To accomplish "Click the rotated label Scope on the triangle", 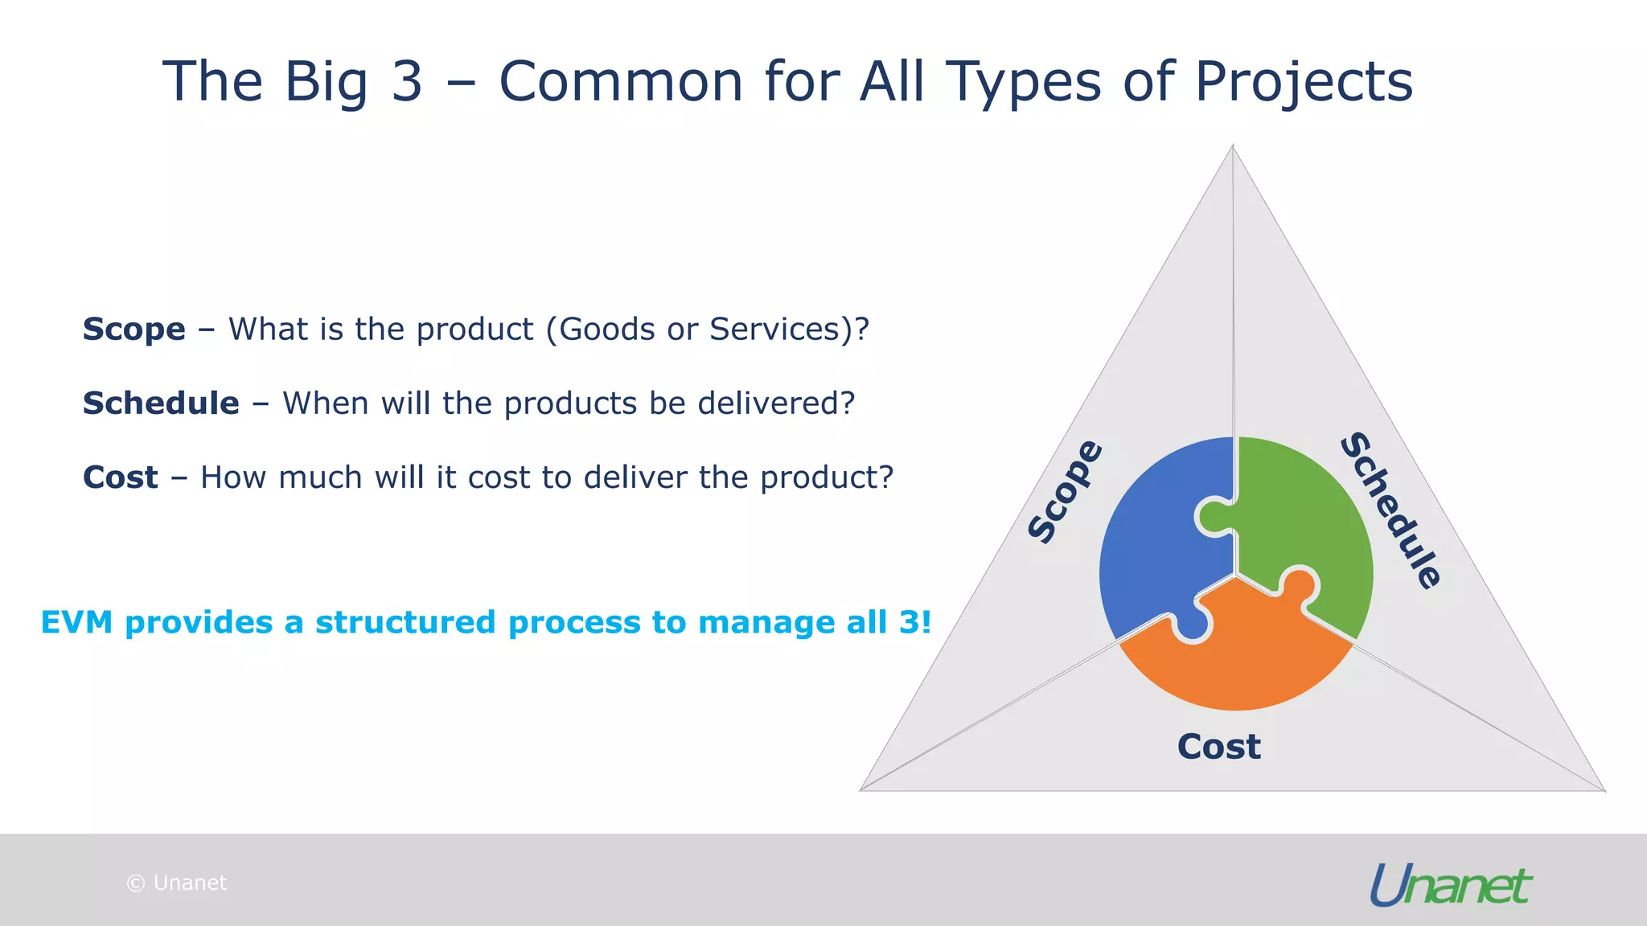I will (1066, 492).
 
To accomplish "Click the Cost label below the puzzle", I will (1218, 747).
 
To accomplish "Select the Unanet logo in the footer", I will (1450, 885).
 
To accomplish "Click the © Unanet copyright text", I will (177, 883).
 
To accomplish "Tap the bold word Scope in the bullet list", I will (134, 330).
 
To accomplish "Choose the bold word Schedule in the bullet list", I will (161, 404).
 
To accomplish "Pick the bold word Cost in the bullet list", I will (121, 477).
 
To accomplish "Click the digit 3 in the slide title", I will (406, 82).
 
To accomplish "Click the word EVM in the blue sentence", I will (76, 622).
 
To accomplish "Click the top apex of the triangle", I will (1233, 147).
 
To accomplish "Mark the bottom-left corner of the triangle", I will (862, 789).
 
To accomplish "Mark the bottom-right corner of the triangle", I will (1604, 790).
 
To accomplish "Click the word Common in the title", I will (621, 82).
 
